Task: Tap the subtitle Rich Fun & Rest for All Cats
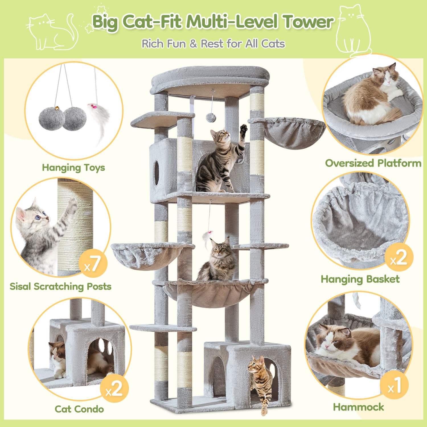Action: tap(213, 44)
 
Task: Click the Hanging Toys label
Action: tap(73, 167)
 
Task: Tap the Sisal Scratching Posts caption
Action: tap(60, 286)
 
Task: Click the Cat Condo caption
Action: tap(79, 409)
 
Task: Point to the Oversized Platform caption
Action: tap(373, 163)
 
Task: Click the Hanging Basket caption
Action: tap(360, 279)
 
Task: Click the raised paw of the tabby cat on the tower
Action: tap(243, 129)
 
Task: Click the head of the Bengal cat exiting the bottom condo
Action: tap(253, 365)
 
